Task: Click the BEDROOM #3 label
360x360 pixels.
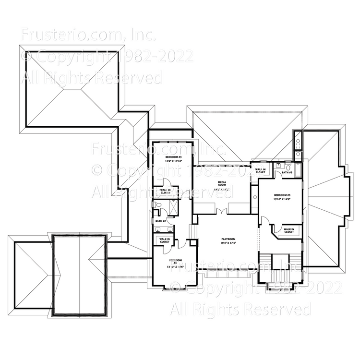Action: point(173,157)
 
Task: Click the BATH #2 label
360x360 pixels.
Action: point(161,221)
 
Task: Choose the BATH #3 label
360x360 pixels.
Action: point(287,172)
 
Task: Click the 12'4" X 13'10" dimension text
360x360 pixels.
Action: point(173,162)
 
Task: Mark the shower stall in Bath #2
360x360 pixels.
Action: point(171,206)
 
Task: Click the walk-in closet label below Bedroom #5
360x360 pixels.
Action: point(289,231)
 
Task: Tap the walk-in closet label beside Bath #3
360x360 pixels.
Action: point(261,170)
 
